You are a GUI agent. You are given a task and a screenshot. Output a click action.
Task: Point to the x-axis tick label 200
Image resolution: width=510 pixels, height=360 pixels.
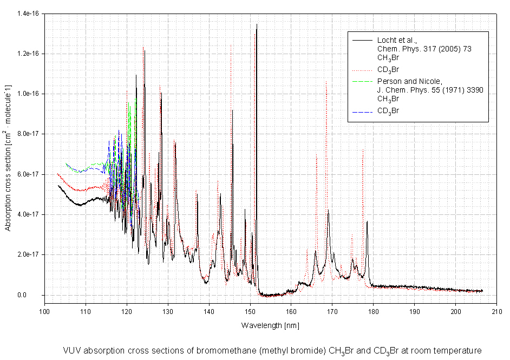pyautogui.click(x=456, y=311)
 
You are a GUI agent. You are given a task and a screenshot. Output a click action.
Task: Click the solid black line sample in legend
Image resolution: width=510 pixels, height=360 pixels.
pyautogui.click(x=362, y=40)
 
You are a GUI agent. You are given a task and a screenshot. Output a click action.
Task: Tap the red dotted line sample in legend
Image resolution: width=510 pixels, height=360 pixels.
pyautogui.click(x=362, y=69)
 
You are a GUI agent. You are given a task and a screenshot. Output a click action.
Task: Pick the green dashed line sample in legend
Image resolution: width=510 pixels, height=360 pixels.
pyautogui.click(x=362, y=81)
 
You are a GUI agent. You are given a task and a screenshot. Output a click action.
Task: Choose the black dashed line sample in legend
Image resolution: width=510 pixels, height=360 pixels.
pyautogui.click(x=362, y=111)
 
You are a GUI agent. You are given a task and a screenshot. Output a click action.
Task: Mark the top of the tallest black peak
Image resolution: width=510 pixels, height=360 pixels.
pyautogui.click(x=257, y=25)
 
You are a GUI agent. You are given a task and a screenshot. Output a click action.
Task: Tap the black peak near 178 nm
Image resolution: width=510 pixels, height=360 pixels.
pyautogui.click(x=367, y=221)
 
